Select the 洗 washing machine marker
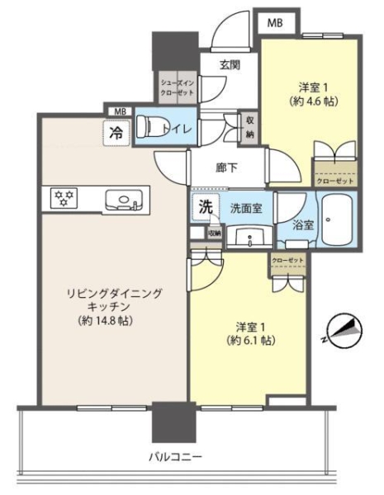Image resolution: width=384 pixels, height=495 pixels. click(x=204, y=208)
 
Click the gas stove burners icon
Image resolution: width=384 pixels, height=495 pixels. click(x=63, y=197)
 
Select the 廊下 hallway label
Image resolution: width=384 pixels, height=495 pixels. click(x=227, y=168)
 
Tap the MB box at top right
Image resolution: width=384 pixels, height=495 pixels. click(x=273, y=24)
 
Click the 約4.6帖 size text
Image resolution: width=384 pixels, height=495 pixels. click(x=311, y=101)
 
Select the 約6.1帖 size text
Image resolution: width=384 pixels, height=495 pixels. click(x=245, y=340)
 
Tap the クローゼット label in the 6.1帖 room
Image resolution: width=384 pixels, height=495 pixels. click(x=287, y=261)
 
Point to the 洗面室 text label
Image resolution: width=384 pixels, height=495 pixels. click(x=247, y=209)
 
